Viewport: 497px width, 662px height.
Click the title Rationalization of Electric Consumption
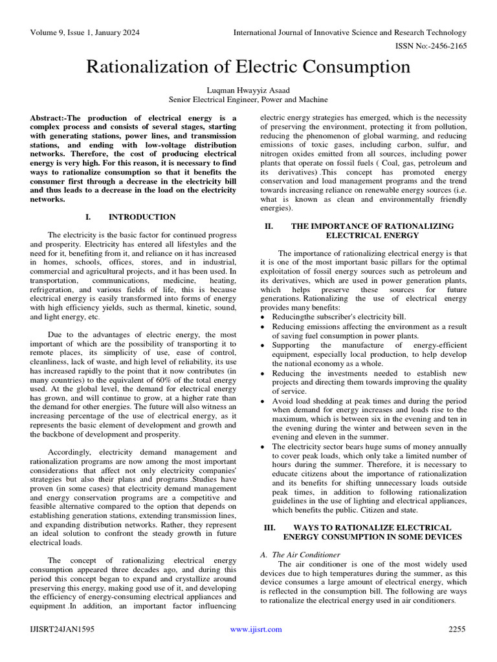point(248,67)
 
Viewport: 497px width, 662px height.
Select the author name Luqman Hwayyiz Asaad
point(248,91)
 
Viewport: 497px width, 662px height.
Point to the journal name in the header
point(349,32)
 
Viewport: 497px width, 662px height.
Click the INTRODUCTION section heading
point(142,217)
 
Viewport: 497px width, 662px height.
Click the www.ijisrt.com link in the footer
point(256,629)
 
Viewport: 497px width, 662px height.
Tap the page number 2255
point(457,629)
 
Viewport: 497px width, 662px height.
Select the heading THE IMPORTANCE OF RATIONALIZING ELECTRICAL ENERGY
point(372,231)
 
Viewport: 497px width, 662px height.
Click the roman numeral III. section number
point(270,528)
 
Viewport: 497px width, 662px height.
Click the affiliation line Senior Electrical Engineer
point(248,100)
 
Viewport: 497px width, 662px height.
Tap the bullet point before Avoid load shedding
point(263,401)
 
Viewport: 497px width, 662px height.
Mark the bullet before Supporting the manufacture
point(263,346)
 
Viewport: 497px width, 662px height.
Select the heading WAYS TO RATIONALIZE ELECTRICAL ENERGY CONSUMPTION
point(372,532)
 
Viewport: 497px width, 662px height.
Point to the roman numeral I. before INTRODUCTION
point(88,217)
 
